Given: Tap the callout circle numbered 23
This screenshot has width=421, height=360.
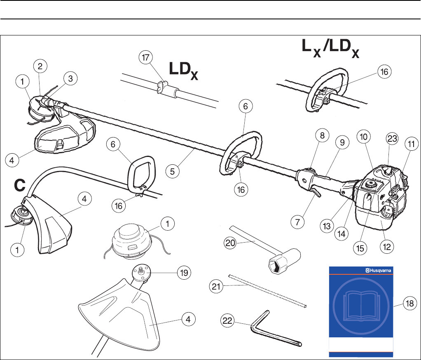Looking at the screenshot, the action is (392, 139).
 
